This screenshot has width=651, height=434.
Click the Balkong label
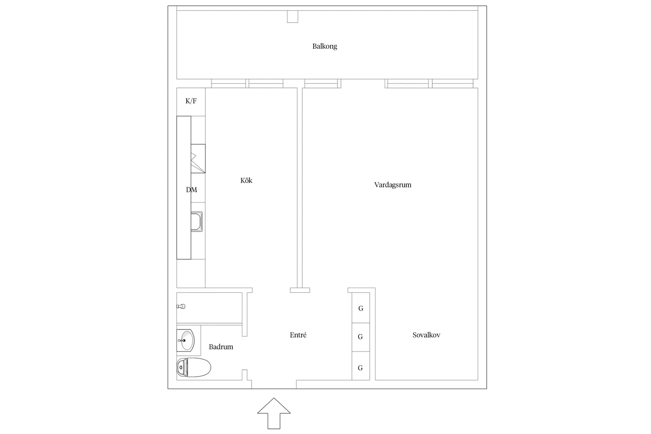pyautogui.click(x=325, y=46)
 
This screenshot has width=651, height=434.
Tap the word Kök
pyautogui.click(x=246, y=180)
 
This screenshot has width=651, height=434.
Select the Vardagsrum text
pyautogui.click(x=393, y=185)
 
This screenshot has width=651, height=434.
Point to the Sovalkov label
pyautogui.click(x=426, y=335)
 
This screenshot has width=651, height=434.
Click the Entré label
pyautogui.click(x=298, y=335)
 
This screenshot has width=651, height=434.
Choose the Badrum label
pyautogui.click(x=221, y=347)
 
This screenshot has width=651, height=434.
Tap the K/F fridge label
pyautogui.click(x=191, y=101)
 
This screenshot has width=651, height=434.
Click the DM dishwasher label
pyautogui.click(x=191, y=190)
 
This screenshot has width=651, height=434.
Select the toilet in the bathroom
pyautogui.click(x=194, y=367)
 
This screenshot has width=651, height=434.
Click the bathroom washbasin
pyautogui.click(x=185, y=340)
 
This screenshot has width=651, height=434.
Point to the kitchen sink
pyautogui.click(x=196, y=221)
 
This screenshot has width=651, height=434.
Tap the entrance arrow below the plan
pyautogui.click(x=274, y=413)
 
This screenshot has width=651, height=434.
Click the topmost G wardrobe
pyautogui.click(x=361, y=308)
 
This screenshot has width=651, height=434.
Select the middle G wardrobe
pyautogui.click(x=361, y=337)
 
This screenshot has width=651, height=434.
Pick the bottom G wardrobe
pyautogui.click(x=361, y=368)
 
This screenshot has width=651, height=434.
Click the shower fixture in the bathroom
pyautogui.click(x=181, y=306)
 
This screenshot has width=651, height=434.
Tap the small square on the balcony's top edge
pyautogui.click(x=292, y=17)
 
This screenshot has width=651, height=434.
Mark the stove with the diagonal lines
pyautogui.click(x=198, y=159)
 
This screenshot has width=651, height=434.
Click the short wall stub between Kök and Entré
pyautogui.click(x=300, y=290)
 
